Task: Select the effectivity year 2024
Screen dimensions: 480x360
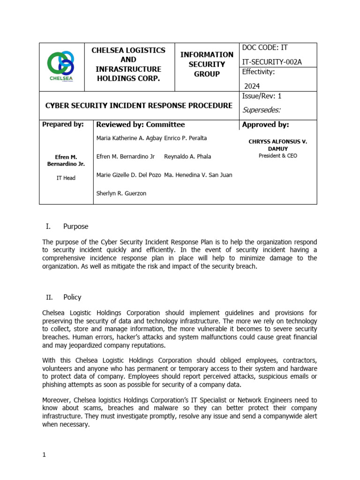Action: point(251,86)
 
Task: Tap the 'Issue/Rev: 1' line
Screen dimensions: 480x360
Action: point(262,96)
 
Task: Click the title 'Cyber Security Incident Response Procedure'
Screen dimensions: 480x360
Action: point(138,105)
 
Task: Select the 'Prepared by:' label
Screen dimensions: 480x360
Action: point(63,125)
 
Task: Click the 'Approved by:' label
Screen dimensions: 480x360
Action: point(265,125)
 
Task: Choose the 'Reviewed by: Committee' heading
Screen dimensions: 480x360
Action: point(140,125)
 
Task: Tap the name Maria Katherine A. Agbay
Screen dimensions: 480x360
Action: point(129,138)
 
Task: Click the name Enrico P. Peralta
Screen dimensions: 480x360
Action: point(186,138)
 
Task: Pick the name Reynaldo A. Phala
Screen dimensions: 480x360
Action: point(187,157)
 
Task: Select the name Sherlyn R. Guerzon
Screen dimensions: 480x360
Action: point(121,193)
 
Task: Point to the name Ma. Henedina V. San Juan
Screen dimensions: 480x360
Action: point(198,175)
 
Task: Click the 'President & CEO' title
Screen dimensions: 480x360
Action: point(277,156)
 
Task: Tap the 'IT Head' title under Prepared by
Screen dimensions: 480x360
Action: point(66,178)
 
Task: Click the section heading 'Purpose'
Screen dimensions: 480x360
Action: point(75,226)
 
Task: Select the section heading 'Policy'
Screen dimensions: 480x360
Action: point(72,297)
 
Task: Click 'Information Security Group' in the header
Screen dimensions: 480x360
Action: point(207,64)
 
